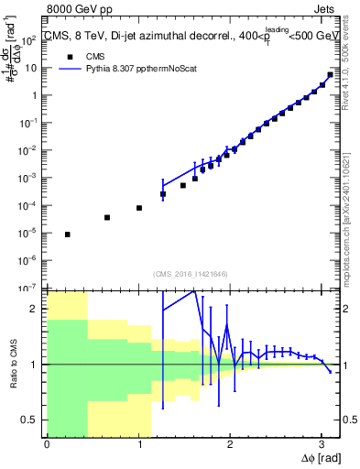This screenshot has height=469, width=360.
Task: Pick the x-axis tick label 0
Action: pos(47,445)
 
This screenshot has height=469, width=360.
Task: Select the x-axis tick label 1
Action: pos(138,445)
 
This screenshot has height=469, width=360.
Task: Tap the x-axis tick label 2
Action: pos(230,445)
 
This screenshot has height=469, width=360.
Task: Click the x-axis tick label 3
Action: pos(322,445)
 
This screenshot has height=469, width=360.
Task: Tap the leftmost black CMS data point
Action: pos(68,234)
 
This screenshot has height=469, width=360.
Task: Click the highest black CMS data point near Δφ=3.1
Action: pos(330,75)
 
